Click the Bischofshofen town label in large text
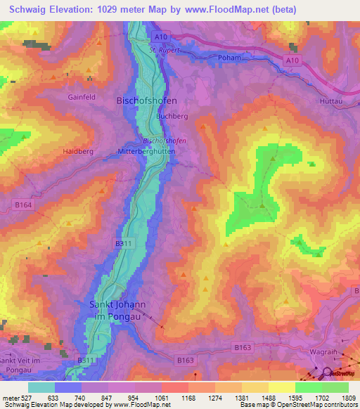point(146,100)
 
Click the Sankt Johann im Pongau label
point(117,310)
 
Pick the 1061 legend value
point(162,398)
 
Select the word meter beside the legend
point(9,398)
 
